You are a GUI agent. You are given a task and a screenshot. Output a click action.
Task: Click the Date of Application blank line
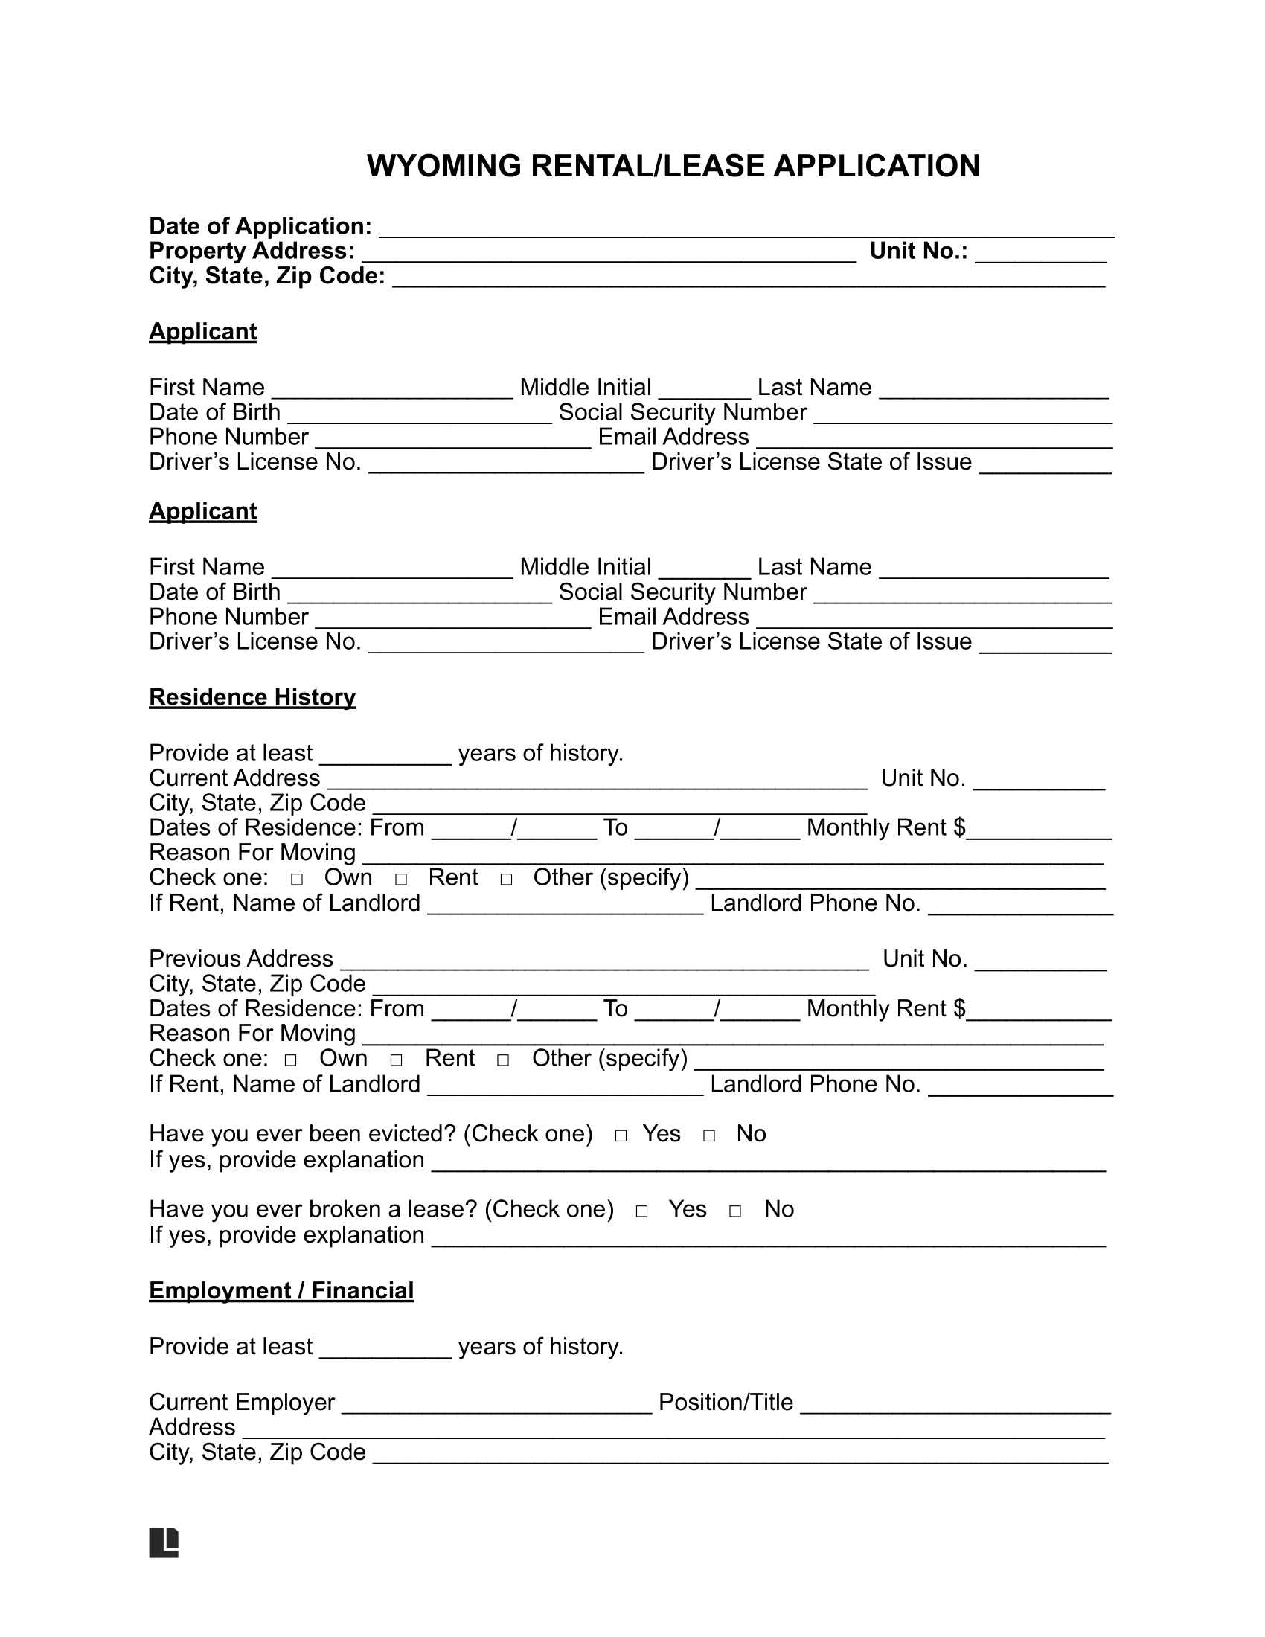point(746,228)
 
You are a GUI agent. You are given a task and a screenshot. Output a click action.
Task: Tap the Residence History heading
point(252,697)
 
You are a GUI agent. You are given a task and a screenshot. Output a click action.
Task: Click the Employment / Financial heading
point(281,1291)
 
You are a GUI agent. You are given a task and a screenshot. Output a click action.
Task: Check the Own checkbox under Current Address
point(297,880)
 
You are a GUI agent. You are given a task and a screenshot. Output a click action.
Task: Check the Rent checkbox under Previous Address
point(397,1060)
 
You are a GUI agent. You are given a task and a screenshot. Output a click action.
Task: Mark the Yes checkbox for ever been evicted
point(621,1135)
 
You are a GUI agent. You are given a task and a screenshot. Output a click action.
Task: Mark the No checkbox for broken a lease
point(735,1211)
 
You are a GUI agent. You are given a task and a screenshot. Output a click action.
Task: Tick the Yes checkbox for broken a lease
point(641,1211)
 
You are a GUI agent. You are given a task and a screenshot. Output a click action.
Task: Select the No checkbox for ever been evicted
point(709,1135)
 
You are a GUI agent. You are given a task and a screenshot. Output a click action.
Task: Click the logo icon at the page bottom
point(164,1542)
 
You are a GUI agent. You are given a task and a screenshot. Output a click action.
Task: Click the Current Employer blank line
point(496,1404)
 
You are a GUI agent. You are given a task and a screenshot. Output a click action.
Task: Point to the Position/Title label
point(726,1403)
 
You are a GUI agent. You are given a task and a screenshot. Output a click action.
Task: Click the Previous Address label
point(240,958)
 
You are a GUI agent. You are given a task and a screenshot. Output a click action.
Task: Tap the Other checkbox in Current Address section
point(506,880)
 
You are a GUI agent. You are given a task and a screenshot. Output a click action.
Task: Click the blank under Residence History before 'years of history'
point(385,755)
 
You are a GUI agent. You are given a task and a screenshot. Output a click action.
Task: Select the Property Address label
point(252,251)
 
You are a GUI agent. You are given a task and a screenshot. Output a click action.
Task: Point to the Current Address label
point(234,778)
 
